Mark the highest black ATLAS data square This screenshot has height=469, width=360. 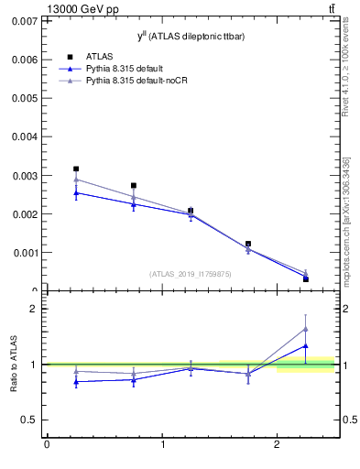(x=76, y=169)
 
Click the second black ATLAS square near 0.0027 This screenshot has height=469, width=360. (x=134, y=185)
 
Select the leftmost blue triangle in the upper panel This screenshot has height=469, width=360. (x=76, y=192)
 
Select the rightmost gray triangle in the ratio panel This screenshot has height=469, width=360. (x=305, y=329)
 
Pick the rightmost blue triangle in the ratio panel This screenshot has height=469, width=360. (x=305, y=346)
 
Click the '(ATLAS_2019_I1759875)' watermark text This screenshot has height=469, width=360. (x=190, y=273)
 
